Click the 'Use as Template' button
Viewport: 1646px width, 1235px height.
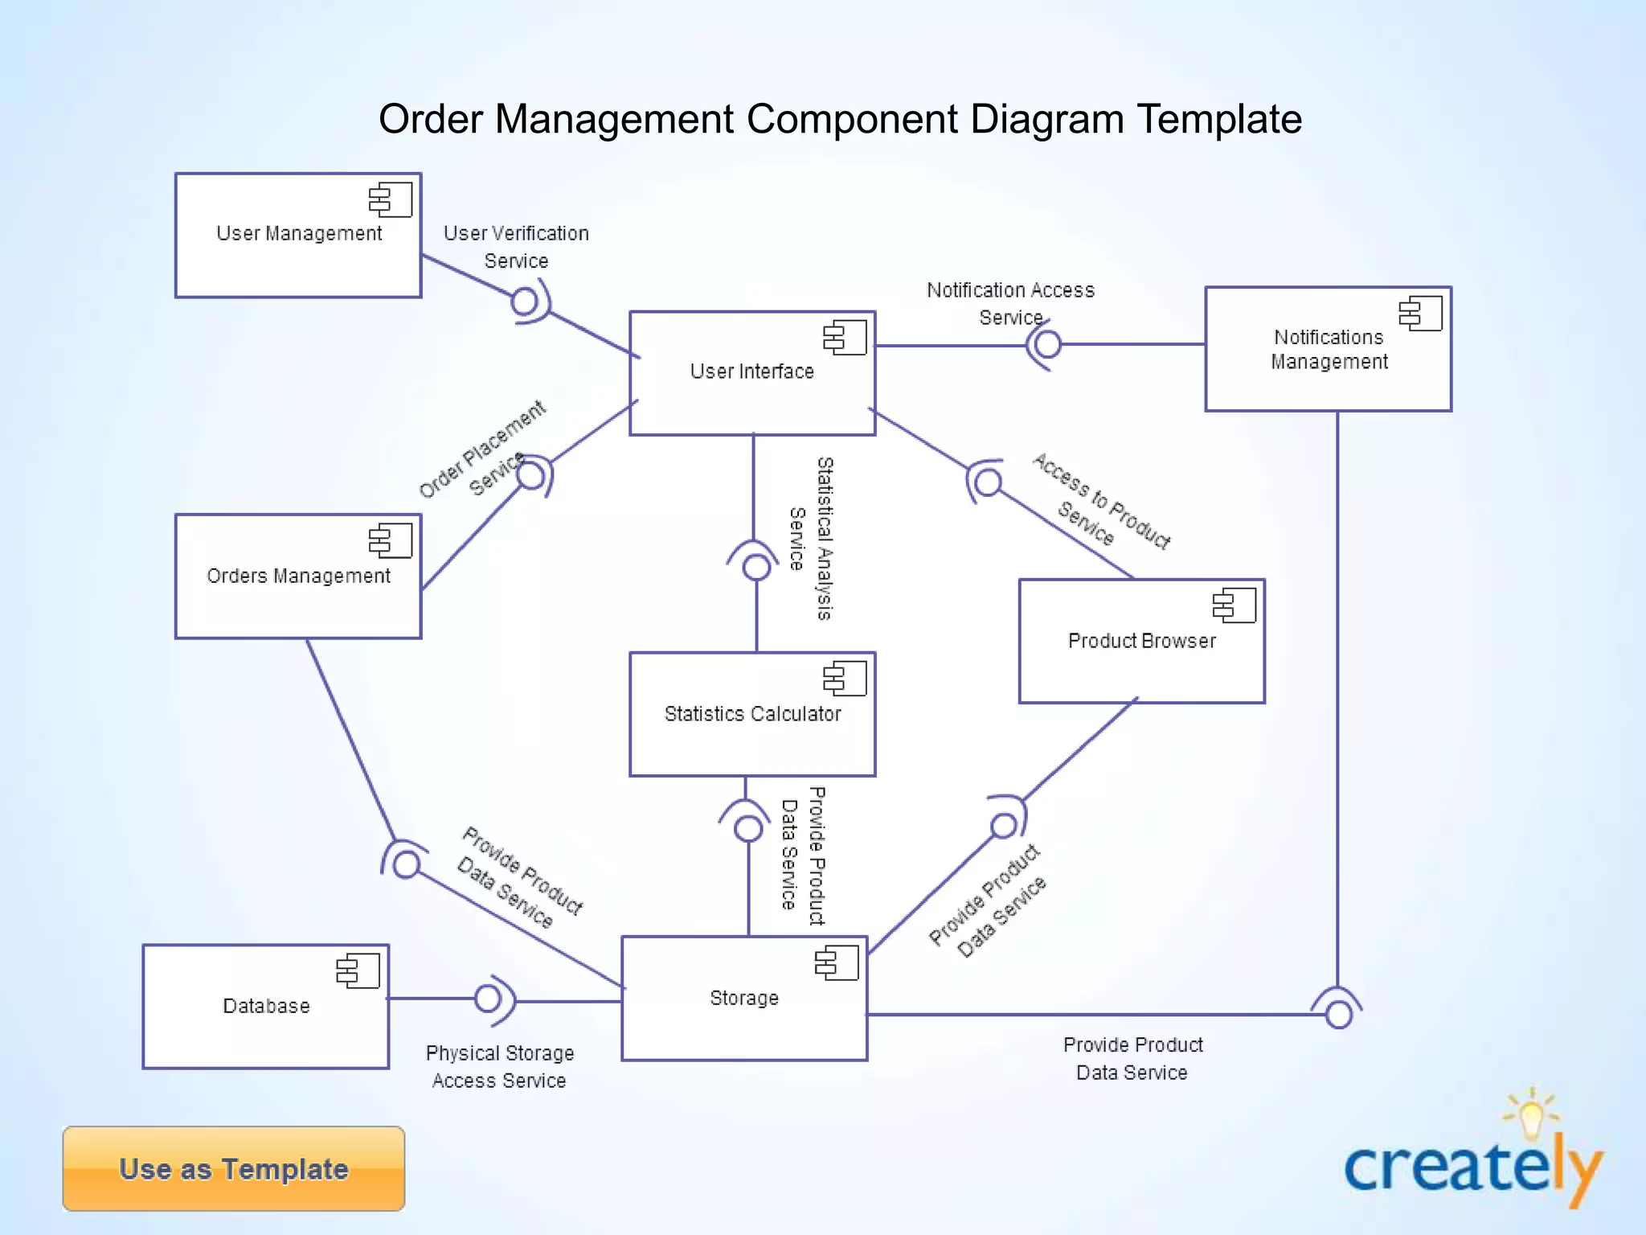(x=233, y=1168)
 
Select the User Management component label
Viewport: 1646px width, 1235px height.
(x=299, y=233)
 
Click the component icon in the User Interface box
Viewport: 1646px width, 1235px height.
(x=845, y=338)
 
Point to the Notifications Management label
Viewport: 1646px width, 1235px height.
(x=1329, y=350)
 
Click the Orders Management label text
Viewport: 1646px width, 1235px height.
(x=298, y=576)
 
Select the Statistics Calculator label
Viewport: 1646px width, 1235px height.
(x=752, y=714)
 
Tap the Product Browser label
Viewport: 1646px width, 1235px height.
(x=1141, y=641)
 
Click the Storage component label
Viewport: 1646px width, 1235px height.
(x=744, y=998)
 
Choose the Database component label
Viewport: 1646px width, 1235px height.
(x=266, y=1006)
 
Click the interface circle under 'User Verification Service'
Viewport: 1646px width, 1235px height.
(x=524, y=302)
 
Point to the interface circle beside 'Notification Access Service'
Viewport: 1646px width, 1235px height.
(x=1047, y=345)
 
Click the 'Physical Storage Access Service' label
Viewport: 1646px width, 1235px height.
(x=499, y=1067)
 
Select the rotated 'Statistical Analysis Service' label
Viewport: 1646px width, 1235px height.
(x=810, y=539)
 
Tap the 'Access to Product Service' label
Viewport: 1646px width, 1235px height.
(x=1100, y=501)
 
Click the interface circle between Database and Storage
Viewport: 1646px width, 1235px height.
(x=487, y=999)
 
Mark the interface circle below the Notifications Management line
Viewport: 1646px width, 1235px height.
(x=1338, y=1015)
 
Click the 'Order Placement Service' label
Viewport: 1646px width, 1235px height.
(x=482, y=450)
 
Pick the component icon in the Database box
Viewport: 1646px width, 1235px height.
(x=358, y=971)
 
